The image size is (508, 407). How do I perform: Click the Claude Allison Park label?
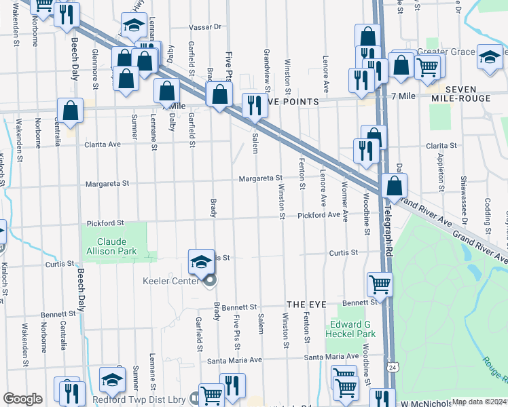click(x=116, y=246)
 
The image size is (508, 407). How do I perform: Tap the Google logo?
click(x=22, y=399)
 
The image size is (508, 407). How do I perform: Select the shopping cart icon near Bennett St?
click(x=380, y=284)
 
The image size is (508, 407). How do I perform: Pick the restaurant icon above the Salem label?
click(x=254, y=106)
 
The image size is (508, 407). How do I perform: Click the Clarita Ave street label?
click(x=102, y=144)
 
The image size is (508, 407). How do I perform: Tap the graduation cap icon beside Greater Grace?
click(x=488, y=58)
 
